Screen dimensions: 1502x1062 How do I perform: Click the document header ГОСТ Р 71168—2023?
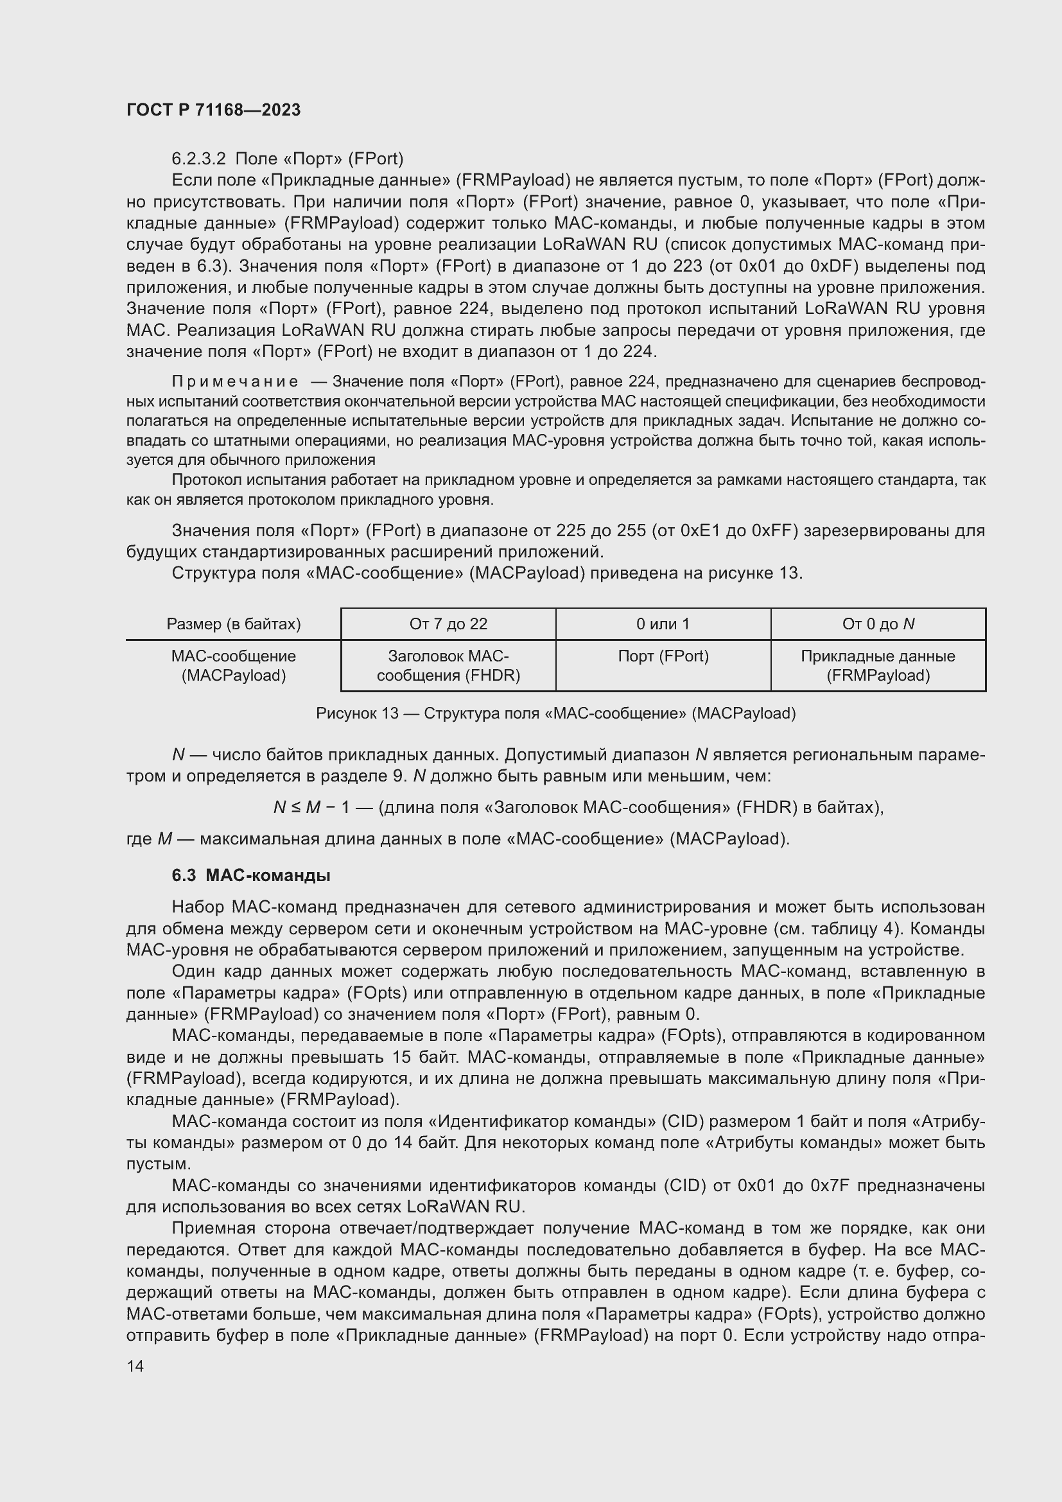[x=213, y=110]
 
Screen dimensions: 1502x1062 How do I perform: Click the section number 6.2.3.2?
[x=198, y=159]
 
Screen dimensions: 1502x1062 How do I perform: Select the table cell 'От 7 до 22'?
[x=448, y=624]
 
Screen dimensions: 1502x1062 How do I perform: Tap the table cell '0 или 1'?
[x=663, y=624]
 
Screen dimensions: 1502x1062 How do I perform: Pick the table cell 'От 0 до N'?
[x=878, y=624]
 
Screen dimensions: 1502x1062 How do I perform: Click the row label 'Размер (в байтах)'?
[x=234, y=624]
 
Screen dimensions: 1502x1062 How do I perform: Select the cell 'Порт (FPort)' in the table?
[x=663, y=656]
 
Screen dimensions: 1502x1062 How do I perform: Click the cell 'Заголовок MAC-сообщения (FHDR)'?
[x=448, y=665]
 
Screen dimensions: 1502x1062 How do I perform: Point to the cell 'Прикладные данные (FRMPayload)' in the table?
[x=878, y=665]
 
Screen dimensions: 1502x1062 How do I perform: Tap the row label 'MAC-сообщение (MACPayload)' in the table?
[x=234, y=665]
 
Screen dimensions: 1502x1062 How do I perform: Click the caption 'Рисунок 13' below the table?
[x=357, y=713]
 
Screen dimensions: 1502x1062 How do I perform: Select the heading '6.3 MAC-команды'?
[x=250, y=875]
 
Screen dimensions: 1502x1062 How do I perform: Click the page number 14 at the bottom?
[x=135, y=1367]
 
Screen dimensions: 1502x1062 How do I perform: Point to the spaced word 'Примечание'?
[x=235, y=381]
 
